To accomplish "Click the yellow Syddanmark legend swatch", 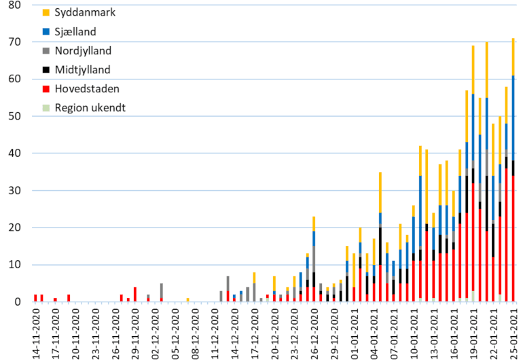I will click(46, 13).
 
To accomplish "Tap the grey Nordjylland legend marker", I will click(46, 50).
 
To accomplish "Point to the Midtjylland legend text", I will click(83, 69).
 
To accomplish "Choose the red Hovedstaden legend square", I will click(46, 88).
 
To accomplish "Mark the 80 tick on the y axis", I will click(16, 5).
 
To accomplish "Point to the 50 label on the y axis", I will click(16, 116).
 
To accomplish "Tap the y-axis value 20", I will click(16, 228).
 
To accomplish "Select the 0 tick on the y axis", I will click(18, 302).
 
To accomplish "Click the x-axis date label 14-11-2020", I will click(36, 333).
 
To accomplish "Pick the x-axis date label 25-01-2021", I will click(513, 333).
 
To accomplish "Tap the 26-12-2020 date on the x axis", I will click(314, 333).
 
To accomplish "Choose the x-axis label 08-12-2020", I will click(195, 333).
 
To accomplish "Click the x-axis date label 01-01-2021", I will click(354, 333).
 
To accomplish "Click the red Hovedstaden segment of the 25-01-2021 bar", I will click(513, 238).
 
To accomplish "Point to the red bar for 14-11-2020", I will click(35, 298).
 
